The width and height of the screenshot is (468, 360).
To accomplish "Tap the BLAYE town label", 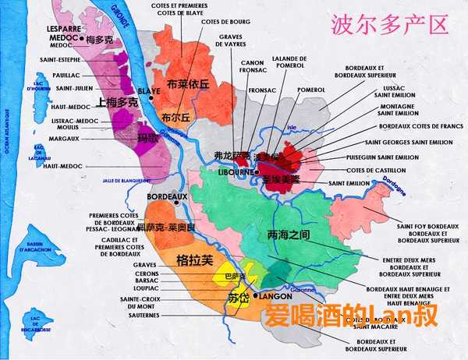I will tap(149, 90).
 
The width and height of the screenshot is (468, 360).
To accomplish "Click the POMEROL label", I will tap(310, 90).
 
